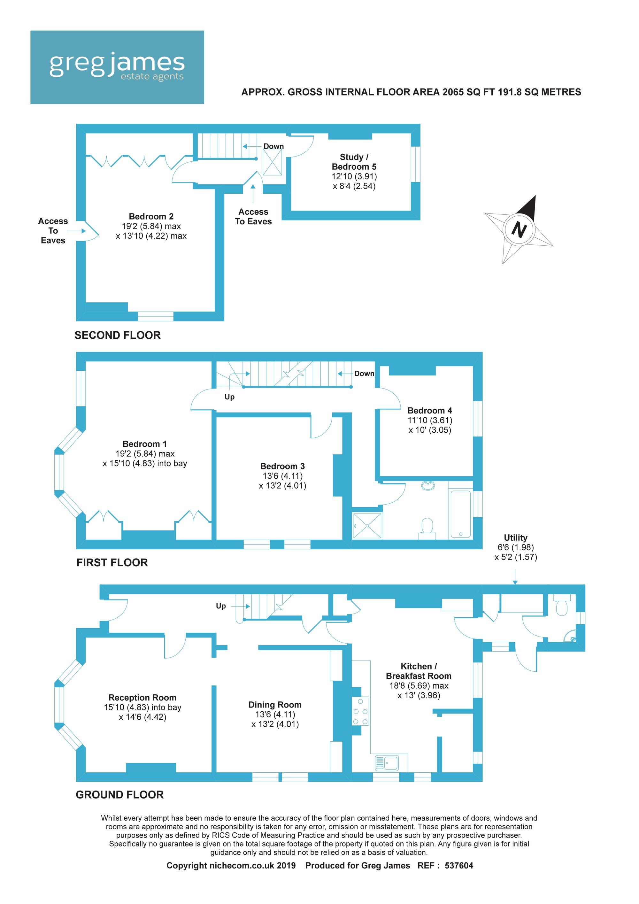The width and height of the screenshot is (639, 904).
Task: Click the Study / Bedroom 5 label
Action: click(354, 162)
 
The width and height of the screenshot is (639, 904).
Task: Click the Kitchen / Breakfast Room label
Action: click(419, 671)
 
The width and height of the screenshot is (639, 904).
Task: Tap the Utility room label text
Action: click(515, 537)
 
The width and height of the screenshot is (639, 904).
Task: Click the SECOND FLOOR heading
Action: click(118, 335)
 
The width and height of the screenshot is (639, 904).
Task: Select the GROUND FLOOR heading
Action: click(120, 794)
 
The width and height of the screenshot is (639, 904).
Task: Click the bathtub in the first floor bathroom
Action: click(460, 514)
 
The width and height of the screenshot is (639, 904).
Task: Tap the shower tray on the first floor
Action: click(367, 526)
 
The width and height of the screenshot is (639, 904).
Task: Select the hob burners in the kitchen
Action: click(360, 711)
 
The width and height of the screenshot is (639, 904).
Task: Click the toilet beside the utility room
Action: click(562, 605)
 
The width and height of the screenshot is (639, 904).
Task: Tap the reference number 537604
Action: click(459, 865)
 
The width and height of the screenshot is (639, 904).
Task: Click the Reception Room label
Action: click(142, 697)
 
